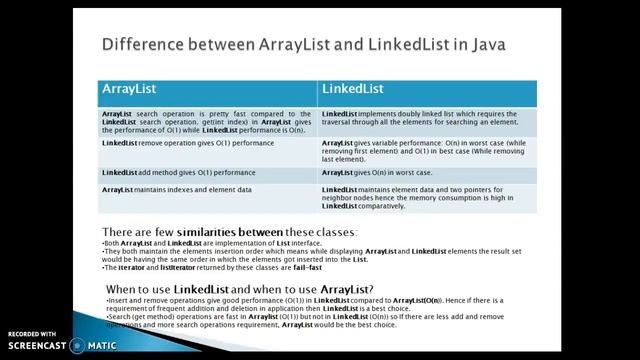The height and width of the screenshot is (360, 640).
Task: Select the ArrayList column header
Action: click(130, 90)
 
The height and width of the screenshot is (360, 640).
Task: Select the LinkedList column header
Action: click(352, 90)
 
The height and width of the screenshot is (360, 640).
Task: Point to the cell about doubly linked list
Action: click(428, 119)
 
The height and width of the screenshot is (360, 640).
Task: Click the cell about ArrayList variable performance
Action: click(428, 151)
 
